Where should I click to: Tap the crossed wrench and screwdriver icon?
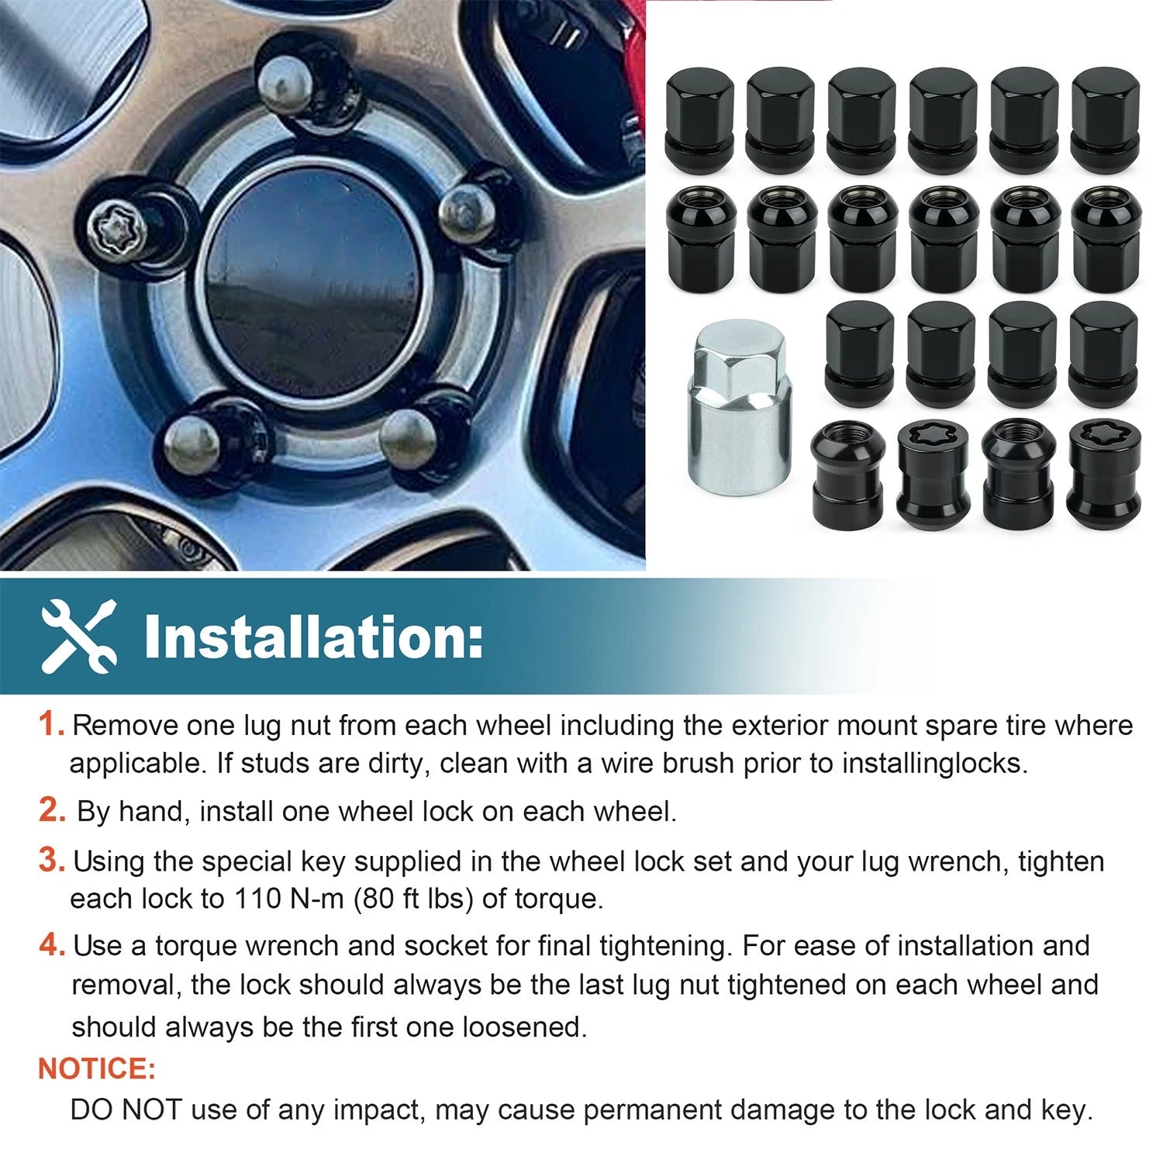click(79, 637)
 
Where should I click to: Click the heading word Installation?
click(313, 637)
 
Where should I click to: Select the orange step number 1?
click(51, 724)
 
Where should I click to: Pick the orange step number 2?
click(52, 809)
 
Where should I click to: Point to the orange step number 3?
click(52, 860)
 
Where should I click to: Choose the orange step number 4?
click(52, 944)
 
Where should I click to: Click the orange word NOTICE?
click(97, 1068)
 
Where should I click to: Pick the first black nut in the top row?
click(699, 120)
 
